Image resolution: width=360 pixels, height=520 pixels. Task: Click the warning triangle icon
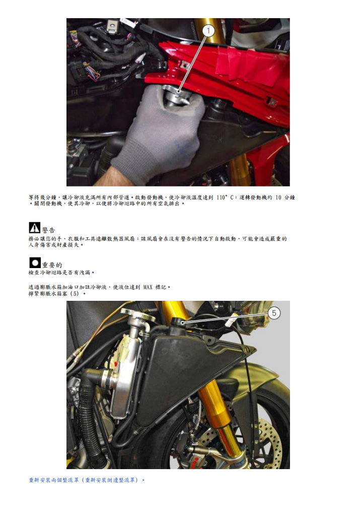(34, 228)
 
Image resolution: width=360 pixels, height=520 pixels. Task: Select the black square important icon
(34, 263)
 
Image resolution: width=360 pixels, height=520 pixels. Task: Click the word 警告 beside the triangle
(49, 230)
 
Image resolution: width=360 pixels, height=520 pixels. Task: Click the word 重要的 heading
(52, 265)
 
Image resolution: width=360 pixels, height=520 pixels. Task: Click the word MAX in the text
(148, 287)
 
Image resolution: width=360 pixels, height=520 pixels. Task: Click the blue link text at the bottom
(87, 480)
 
